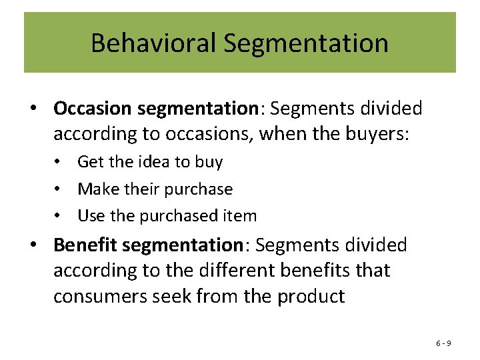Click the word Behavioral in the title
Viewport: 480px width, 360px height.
click(153, 43)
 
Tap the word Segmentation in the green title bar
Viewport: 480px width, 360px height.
click(306, 44)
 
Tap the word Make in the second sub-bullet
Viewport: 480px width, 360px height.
click(95, 189)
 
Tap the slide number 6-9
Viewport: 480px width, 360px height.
click(443, 343)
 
